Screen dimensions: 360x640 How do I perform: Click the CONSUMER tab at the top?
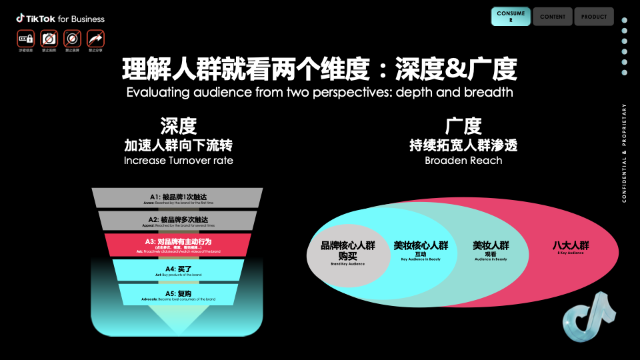tap(511, 17)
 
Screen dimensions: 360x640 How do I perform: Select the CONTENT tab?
tap(553, 17)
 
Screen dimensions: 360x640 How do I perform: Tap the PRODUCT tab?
tap(593, 17)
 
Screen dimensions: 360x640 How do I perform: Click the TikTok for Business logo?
tap(61, 19)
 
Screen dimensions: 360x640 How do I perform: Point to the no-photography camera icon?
tap(49, 38)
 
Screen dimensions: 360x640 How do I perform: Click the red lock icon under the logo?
tap(26, 38)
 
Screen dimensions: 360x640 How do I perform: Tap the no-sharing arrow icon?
tap(96, 38)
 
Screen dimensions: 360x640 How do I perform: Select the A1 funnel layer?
tap(177, 198)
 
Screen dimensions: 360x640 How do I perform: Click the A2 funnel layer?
tap(177, 221)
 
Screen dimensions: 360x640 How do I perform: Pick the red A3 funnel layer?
tap(177, 245)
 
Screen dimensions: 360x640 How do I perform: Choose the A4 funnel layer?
tap(177, 269)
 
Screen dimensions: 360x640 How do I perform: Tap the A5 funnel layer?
tap(177, 294)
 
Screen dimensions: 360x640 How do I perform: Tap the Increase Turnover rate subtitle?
tap(178, 161)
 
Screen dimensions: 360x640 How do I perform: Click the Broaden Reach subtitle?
tap(463, 161)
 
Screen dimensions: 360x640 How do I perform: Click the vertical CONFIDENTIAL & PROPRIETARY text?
tap(624, 153)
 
